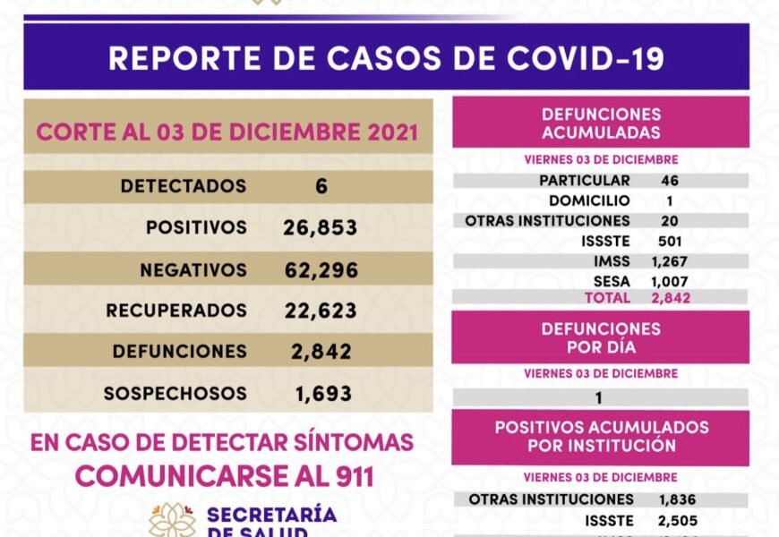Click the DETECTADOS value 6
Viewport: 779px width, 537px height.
coord(321,186)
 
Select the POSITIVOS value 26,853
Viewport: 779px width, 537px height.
coord(320,227)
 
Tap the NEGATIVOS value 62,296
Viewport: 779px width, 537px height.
coord(320,269)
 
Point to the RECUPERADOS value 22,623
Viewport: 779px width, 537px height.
coord(320,311)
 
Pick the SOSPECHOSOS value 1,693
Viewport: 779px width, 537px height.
coord(323,393)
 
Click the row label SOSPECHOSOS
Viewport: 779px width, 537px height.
coord(175,393)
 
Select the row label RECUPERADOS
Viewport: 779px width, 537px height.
coord(175,311)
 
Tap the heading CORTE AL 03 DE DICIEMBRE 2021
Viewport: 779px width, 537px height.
coord(227,132)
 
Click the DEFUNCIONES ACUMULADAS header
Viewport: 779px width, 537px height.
coord(601,124)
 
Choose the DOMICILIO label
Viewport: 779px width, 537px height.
coord(589,200)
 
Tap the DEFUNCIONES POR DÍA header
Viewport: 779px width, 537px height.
coord(601,337)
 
